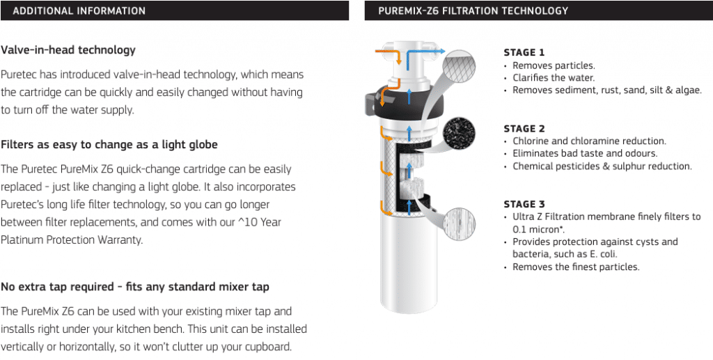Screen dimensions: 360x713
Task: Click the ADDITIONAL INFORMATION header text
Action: tap(79, 11)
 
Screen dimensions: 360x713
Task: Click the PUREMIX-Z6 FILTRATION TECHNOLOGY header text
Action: tap(473, 11)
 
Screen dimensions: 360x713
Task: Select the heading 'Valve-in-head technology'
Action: tap(68, 50)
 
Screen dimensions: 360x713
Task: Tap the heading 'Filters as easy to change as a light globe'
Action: tap(109, 145)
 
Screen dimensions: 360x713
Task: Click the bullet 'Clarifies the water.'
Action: tap(554, 78)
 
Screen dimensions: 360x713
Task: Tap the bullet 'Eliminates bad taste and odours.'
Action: tap(585, 153)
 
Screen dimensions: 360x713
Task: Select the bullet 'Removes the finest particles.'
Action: tap(576, 267)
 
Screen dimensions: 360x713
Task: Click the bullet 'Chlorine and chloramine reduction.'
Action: tap(589, 141)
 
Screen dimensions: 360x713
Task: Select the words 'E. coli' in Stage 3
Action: tap(603, 254)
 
